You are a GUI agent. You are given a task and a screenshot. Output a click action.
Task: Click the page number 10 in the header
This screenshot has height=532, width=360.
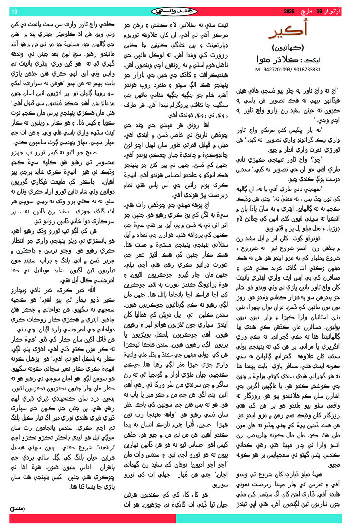click(x=13, y=11)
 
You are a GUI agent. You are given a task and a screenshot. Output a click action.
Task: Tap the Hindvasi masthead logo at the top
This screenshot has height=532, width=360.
click(x=180, y=11)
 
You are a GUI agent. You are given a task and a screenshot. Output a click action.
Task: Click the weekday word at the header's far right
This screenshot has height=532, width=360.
click(x=338, y=11)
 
